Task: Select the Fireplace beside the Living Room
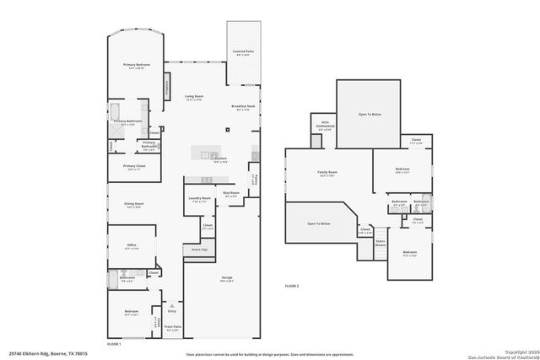166,83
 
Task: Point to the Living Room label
194,97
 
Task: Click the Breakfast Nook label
243,106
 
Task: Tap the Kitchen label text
220,159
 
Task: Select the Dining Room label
133,204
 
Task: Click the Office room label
131,245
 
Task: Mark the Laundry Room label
199,199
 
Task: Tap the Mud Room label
231,194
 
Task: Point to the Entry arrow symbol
172,305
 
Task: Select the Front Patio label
172,328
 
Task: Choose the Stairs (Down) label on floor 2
381,242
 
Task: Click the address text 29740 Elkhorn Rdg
43,354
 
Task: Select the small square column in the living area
226,129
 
